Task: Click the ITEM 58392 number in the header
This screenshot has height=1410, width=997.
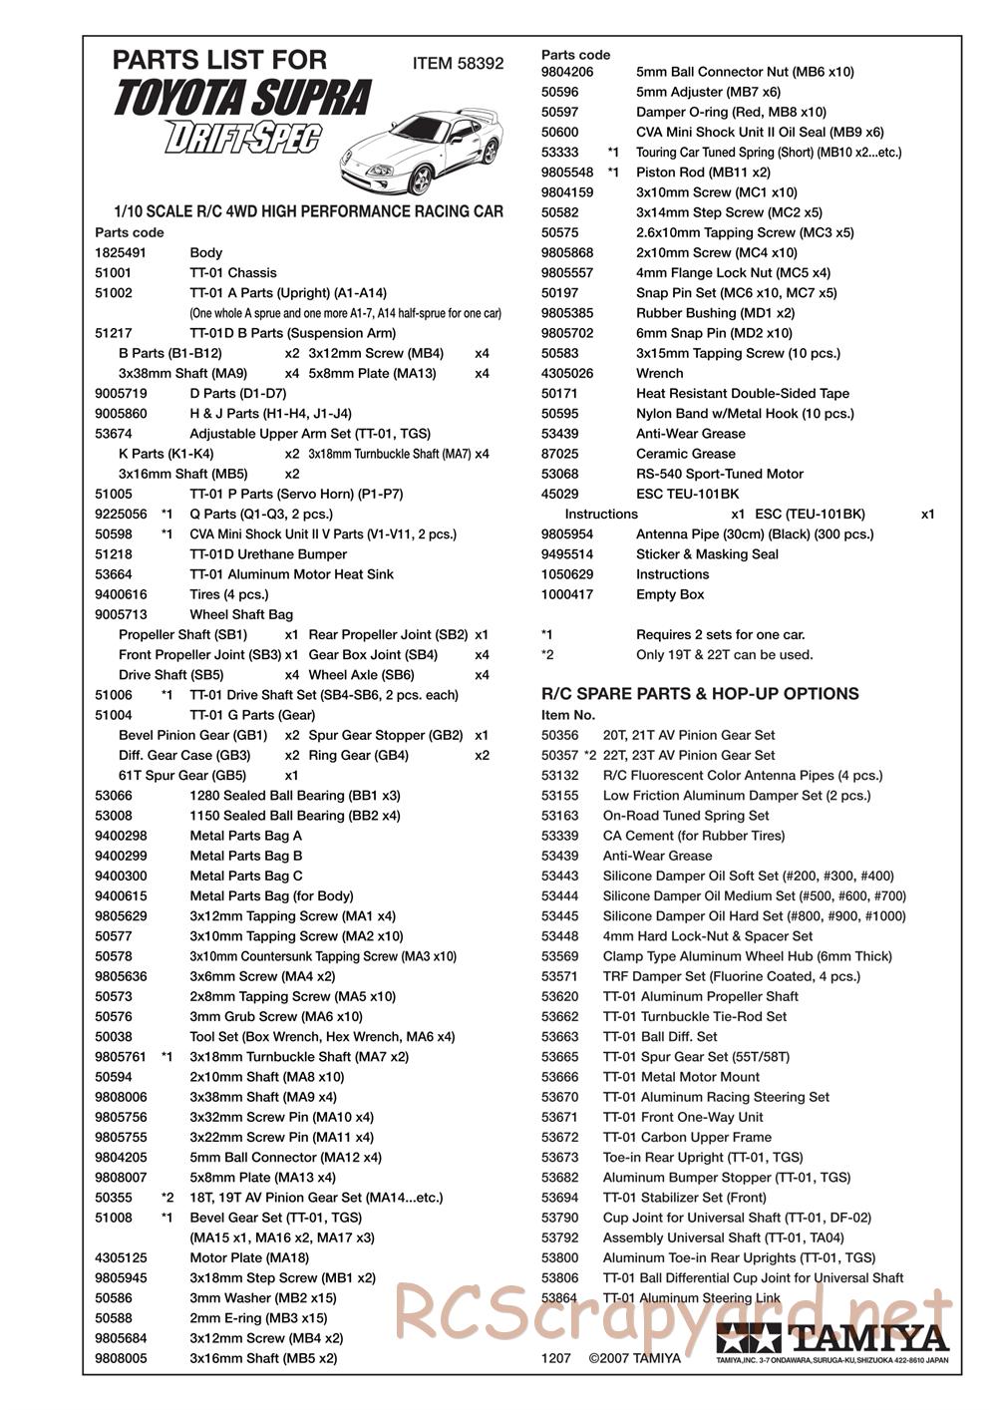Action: click(458, 64)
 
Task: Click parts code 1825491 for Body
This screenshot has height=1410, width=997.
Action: click(121, 252)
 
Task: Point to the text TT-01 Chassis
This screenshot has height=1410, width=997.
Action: click(233, 272)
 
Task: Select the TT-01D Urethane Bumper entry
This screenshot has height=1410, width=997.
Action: click(268, 553)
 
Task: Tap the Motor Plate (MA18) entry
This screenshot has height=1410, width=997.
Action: click(249, 1257)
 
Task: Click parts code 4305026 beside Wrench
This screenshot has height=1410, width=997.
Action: click(567, 373)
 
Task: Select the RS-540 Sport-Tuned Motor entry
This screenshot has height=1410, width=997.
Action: click(719, 474)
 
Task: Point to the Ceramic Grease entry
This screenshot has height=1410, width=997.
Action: click(685, 453)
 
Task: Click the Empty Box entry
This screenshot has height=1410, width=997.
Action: click(670, 594)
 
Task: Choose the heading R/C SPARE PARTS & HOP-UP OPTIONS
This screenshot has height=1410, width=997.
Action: click(699, 693)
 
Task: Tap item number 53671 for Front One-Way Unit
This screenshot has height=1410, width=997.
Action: click(559, 1117)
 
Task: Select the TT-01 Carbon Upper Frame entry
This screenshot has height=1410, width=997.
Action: click(687, 1137)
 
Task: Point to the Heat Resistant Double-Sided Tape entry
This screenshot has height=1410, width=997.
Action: click(742, 393)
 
